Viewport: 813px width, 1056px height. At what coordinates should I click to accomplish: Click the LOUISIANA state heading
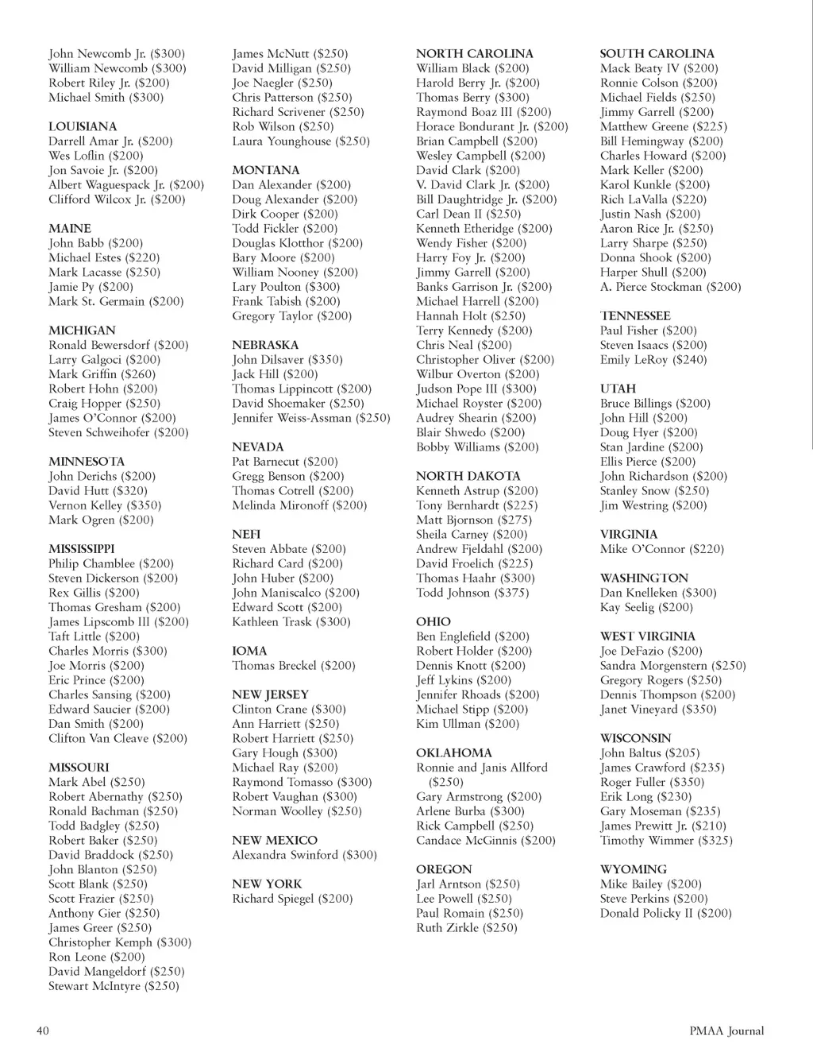[83, 126]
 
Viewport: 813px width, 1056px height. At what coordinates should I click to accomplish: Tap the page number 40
[43, 1031]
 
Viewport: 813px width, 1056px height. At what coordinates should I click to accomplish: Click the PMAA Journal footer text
[726, 1031]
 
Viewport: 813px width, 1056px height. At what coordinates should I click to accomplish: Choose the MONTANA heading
[266, 170]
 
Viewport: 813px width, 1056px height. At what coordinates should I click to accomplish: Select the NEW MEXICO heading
[275, 840]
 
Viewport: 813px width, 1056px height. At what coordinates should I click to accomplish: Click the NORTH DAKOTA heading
[468, 476]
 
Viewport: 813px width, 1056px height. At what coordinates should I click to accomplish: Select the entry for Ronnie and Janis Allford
[482, 768]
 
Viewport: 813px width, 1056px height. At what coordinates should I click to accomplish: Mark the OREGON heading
[444, 869]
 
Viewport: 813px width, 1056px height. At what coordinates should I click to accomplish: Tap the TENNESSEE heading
[635, 315]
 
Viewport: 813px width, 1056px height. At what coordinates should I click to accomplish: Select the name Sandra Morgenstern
[653, 666]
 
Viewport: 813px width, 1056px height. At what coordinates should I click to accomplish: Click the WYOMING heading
[634, 869]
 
